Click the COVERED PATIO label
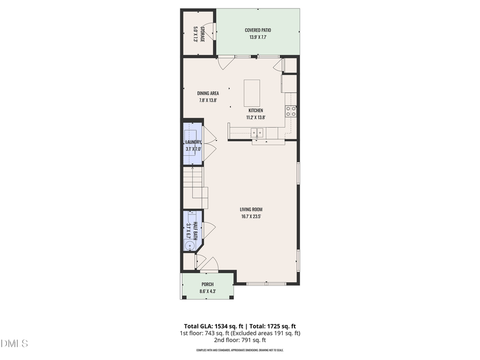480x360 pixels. [258, 30]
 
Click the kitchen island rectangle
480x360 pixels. [252, 93]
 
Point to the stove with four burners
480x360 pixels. [291, 111]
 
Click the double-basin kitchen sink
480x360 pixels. [257, 133]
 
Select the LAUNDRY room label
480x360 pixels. [193, 142]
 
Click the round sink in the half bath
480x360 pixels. [190, 245]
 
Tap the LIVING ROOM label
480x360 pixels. [251, 210]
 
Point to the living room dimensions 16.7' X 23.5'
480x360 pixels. [251, 217]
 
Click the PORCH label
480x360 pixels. [207, 284]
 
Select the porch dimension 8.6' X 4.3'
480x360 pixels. [207, 291]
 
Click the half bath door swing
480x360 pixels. [209, 231]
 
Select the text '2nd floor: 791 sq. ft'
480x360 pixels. [240, 340]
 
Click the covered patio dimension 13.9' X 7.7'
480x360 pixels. [258, 37]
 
